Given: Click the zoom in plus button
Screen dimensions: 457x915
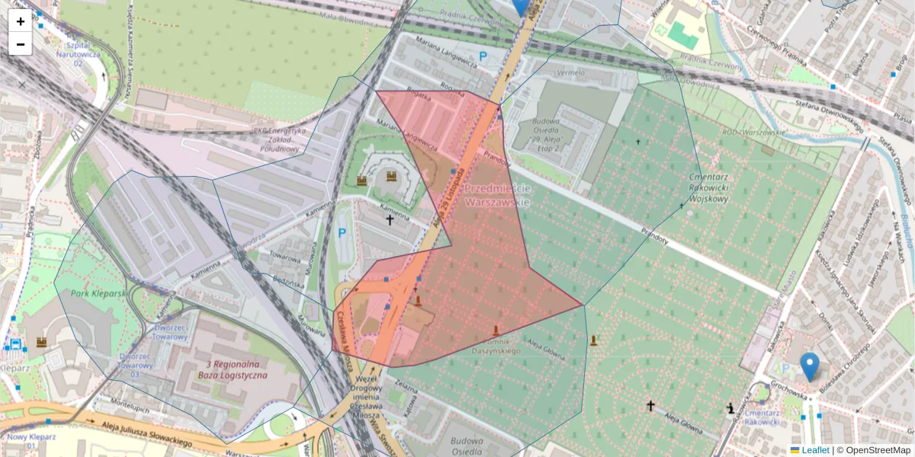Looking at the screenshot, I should [x=21, y=21].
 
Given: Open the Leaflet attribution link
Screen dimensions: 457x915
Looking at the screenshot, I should [x=815, y=450].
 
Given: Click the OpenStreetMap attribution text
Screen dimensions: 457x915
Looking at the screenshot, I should [x=878, y=450].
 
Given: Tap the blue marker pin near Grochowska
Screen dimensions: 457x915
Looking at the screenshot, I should [x=810, y=366].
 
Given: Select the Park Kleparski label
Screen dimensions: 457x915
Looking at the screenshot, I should [x=98, y=293].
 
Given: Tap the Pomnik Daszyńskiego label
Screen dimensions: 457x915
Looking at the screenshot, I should [x=496, y=347].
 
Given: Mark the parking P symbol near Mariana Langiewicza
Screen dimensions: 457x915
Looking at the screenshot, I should [x=483, y=56].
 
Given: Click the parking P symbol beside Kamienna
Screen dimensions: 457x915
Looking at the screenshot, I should [x=342, y=233].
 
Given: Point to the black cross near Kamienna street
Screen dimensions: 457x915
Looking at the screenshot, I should [x=390, y=220].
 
